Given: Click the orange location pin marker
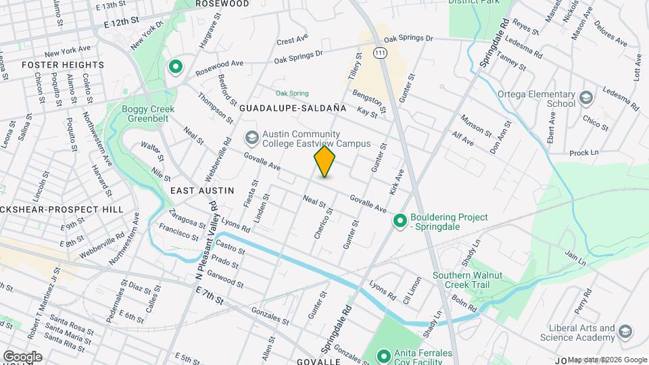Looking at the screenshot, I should click(x=324, y=162).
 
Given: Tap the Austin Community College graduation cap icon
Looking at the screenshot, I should click(x=252, y=138).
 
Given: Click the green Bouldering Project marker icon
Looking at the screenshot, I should click(x=400, y=221).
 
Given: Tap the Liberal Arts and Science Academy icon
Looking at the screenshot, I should click(x=625, y=331).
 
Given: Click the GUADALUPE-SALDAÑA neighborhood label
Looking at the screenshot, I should click(x=293, y=107).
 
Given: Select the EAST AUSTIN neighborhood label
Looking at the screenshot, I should click(x=202, y=191).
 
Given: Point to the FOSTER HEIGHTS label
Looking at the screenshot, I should click(x=63, y=65).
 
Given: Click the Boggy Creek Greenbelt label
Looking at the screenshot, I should click(x=148, y=115).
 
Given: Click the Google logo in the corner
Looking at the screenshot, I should click(x=22, y=356).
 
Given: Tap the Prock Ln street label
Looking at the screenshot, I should click(x=584, y=153).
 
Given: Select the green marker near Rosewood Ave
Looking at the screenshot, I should click(x=176, y=67).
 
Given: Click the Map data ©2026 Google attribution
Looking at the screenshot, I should click(x=607, y=360).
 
